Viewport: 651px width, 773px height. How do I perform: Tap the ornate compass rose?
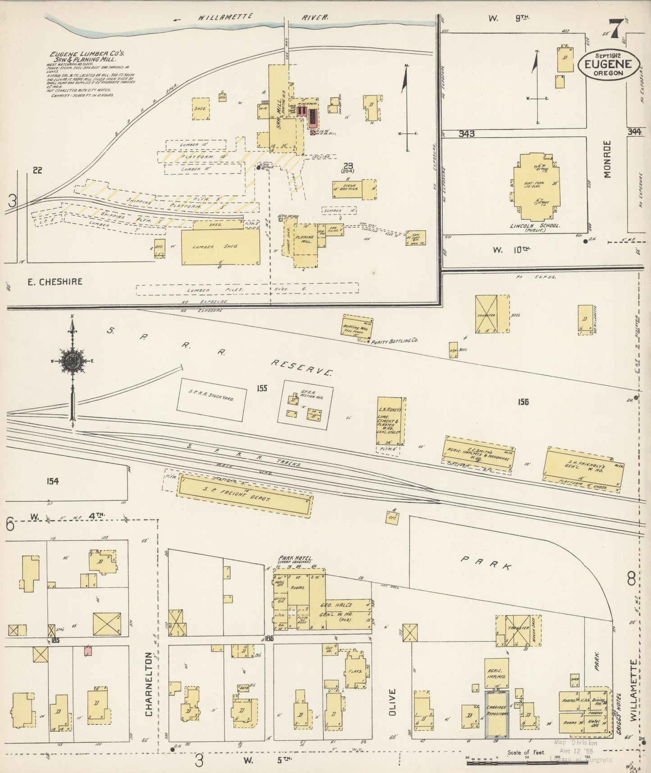72,362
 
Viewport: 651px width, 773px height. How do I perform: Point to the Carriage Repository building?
496,713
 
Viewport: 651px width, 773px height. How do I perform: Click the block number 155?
262,388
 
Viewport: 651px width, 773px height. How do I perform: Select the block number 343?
467,133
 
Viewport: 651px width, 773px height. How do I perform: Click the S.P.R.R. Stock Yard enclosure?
211,398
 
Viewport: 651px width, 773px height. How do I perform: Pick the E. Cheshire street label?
55,282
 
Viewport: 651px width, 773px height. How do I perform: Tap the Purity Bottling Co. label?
394,341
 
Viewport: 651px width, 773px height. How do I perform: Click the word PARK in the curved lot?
486,563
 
